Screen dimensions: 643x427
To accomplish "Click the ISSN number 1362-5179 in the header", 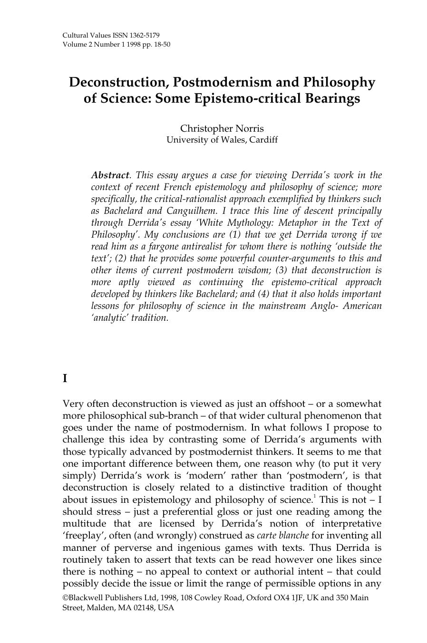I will click(x=142, y=36).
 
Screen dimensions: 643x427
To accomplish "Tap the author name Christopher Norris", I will click(x=222, y=128).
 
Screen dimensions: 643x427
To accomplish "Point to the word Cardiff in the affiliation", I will click(x=262, y=140).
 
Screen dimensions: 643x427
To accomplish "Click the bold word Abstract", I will click(x=110, y=175).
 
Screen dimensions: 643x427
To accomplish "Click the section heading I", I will click(x=65, y=379).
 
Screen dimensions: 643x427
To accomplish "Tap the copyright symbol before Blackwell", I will click(x=66, y=598).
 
